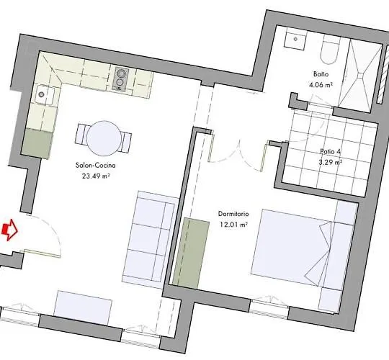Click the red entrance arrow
(x=10, y=230)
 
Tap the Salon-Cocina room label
(x=96, y=166)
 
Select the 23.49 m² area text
(x=96, y=176)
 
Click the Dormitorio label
(x=233, y=214)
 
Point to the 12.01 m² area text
(x=233, y=225)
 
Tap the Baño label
(x=321, y=74)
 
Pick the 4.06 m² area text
(x=321, y=85)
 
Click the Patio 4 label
(x=330, y=151)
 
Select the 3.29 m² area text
(x=331, y=163)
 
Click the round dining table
(x=104, y=138)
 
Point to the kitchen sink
(x=45, y=95)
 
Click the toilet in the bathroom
(x=329, y=51)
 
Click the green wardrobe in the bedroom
(x=191, y=253)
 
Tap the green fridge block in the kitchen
(x=37, y=143)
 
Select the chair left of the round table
(x=82, y=134)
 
